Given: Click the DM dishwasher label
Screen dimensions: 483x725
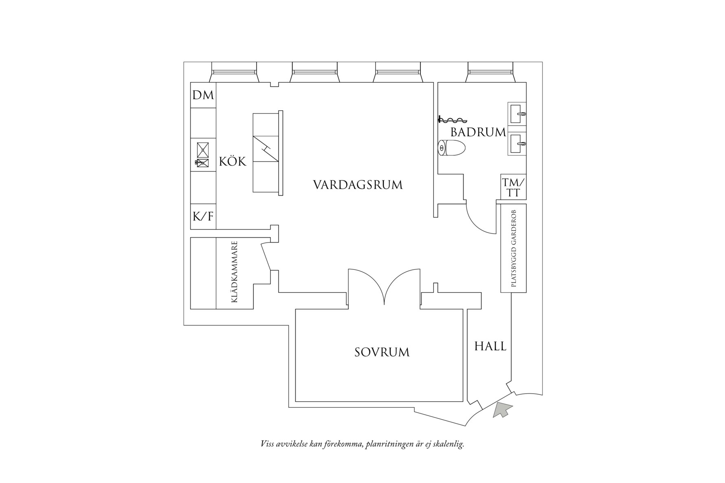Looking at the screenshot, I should [203, 95].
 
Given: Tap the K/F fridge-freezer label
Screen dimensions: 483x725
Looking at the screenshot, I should [203, 216].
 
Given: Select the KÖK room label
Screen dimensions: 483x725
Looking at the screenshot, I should [233, 162].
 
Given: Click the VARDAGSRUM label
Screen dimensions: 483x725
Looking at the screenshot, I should [358, 185].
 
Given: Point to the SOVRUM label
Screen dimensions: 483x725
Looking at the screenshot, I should [382, 352].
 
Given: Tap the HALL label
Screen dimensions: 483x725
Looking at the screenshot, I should [490, 346].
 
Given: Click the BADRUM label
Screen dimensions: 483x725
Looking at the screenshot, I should [478, 132].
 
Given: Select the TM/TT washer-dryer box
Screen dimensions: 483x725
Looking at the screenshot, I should [513, 187].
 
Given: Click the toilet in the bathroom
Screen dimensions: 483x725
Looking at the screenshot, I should [452, 148].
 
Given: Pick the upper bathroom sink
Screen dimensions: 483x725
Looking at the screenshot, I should [517, 113].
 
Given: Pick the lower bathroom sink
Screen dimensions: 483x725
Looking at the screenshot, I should [517, 144].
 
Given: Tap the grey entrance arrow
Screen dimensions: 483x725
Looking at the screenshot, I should [502, 409].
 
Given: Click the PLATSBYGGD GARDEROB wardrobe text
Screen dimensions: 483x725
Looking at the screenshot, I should [513, 248].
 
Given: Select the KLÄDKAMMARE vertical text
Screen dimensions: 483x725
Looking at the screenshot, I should [234, 272].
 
